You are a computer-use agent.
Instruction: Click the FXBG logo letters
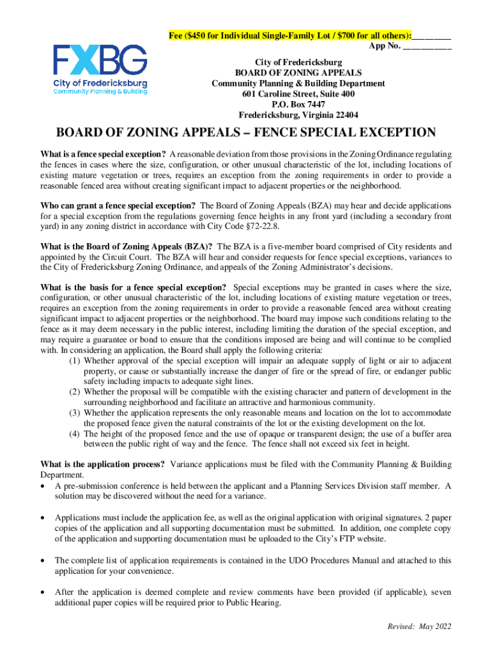click(x=100, y=61)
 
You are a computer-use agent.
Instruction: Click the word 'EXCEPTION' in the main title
click(x=387, y=133)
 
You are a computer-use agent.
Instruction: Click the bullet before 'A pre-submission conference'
click(x=43, y=486)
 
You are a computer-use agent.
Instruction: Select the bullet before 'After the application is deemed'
click(x=43, y=592)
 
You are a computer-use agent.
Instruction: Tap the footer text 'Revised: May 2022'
click(x=419, y=626)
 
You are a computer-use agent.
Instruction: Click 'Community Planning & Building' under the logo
click(x=100, y=92)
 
